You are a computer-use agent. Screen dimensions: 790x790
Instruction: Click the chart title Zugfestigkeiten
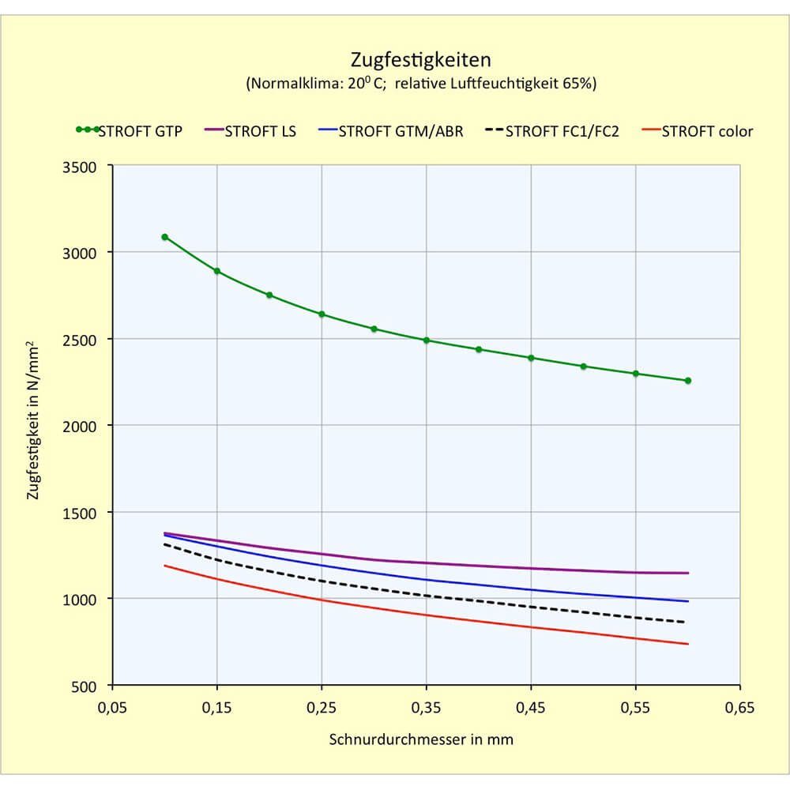click(421, 60)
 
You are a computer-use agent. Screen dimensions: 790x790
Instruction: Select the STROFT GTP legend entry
click(129, 131)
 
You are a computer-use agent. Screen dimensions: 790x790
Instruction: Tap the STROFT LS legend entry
click(250, 131)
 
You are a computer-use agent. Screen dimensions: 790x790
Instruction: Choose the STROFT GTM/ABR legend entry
click(391, 131)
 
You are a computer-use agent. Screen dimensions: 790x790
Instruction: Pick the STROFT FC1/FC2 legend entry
click(552, 131)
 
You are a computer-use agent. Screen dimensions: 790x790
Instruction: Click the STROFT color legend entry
click(698, 131)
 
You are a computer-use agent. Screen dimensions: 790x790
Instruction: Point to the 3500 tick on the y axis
click(79, 167)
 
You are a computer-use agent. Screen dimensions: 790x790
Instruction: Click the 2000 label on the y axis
click(79, 427)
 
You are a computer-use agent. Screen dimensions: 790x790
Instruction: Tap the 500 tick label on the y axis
click(84, 687)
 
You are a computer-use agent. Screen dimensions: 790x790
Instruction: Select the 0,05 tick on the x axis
click(112, 708)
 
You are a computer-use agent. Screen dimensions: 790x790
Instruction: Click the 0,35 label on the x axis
click(427, 708)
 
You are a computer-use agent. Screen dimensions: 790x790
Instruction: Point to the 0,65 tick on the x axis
click(740, 708)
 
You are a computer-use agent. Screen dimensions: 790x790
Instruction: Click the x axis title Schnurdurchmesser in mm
click(421, 739)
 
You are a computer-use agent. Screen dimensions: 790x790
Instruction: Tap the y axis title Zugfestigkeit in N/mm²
click(32, 420)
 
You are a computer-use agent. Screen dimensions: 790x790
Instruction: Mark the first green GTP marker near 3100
click(165, 237)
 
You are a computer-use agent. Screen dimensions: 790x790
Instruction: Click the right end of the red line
click(688, 644)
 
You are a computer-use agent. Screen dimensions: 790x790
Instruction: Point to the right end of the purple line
click(688, 573)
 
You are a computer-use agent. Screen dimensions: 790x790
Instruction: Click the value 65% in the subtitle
click(577, 83)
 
